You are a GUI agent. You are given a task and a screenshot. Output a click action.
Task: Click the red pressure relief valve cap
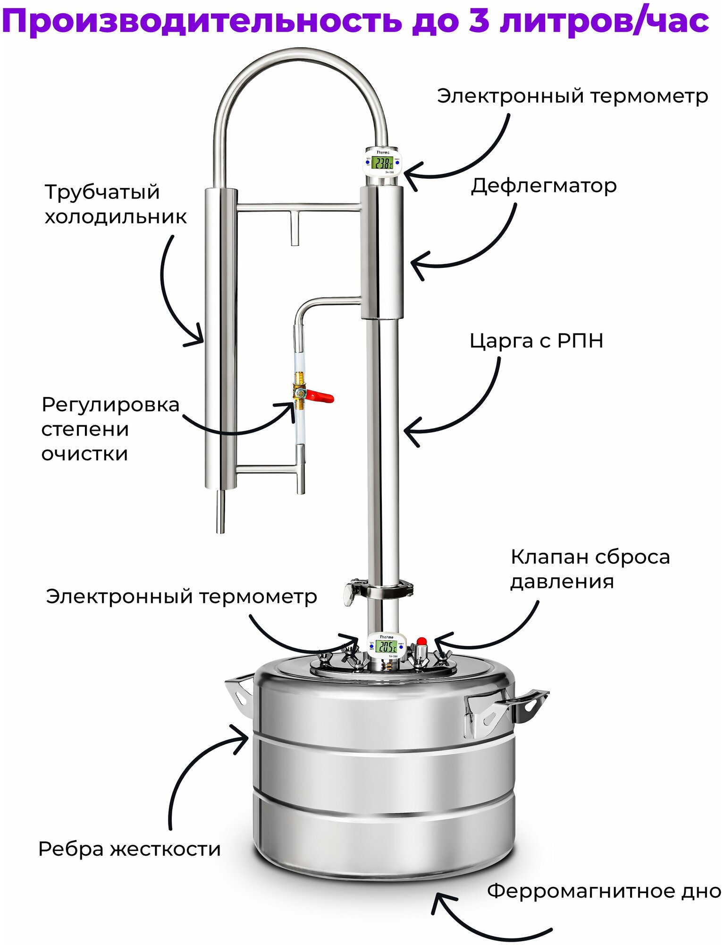(x=421, y=641)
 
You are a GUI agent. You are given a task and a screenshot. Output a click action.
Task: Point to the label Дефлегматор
(x=543, y=186)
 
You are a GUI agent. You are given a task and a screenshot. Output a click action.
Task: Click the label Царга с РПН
(x=536, y=341)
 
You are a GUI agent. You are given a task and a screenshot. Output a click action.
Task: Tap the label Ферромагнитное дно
(x=604, y=891)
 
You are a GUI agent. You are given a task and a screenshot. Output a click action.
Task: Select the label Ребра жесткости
(x=129, y=849)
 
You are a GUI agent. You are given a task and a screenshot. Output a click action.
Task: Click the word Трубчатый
(x=102, y=192)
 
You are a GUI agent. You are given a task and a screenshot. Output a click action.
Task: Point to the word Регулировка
(x=110, y=405)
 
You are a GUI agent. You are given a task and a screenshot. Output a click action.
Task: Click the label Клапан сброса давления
(x=590, y=569)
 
